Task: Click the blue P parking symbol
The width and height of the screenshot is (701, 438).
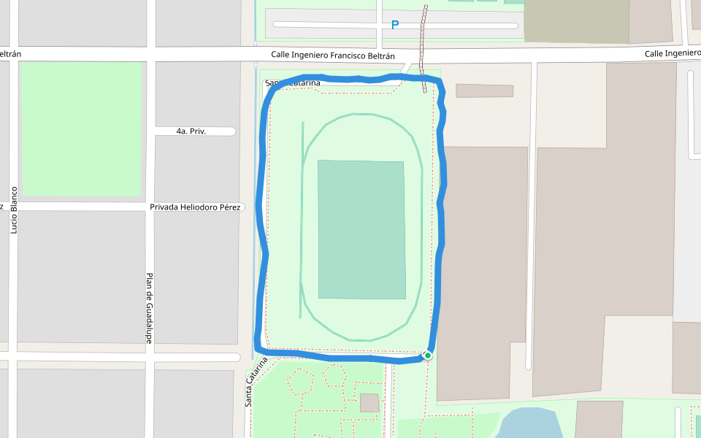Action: [395, 25]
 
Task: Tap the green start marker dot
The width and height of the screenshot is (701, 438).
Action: [428, 356]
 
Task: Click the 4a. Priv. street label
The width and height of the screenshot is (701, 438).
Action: [191, 131]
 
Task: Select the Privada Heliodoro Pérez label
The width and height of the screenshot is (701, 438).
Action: [195, 207]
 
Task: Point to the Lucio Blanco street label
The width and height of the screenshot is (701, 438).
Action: [13, 210]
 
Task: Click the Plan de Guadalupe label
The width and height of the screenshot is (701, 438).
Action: [148, 308]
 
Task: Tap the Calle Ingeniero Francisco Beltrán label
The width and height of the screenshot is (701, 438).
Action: [333, 55]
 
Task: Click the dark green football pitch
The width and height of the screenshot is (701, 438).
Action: [361, 229]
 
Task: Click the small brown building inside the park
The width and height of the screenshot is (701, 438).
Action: [369, 403]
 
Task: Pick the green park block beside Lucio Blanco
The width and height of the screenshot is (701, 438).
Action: [80, 128]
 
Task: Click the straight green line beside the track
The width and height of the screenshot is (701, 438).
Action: [302, 219]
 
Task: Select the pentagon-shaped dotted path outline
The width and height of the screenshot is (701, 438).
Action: [300, 381]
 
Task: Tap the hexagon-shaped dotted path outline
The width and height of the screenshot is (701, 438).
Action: [334, 375]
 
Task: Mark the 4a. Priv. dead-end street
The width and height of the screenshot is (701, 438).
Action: [219, 131]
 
